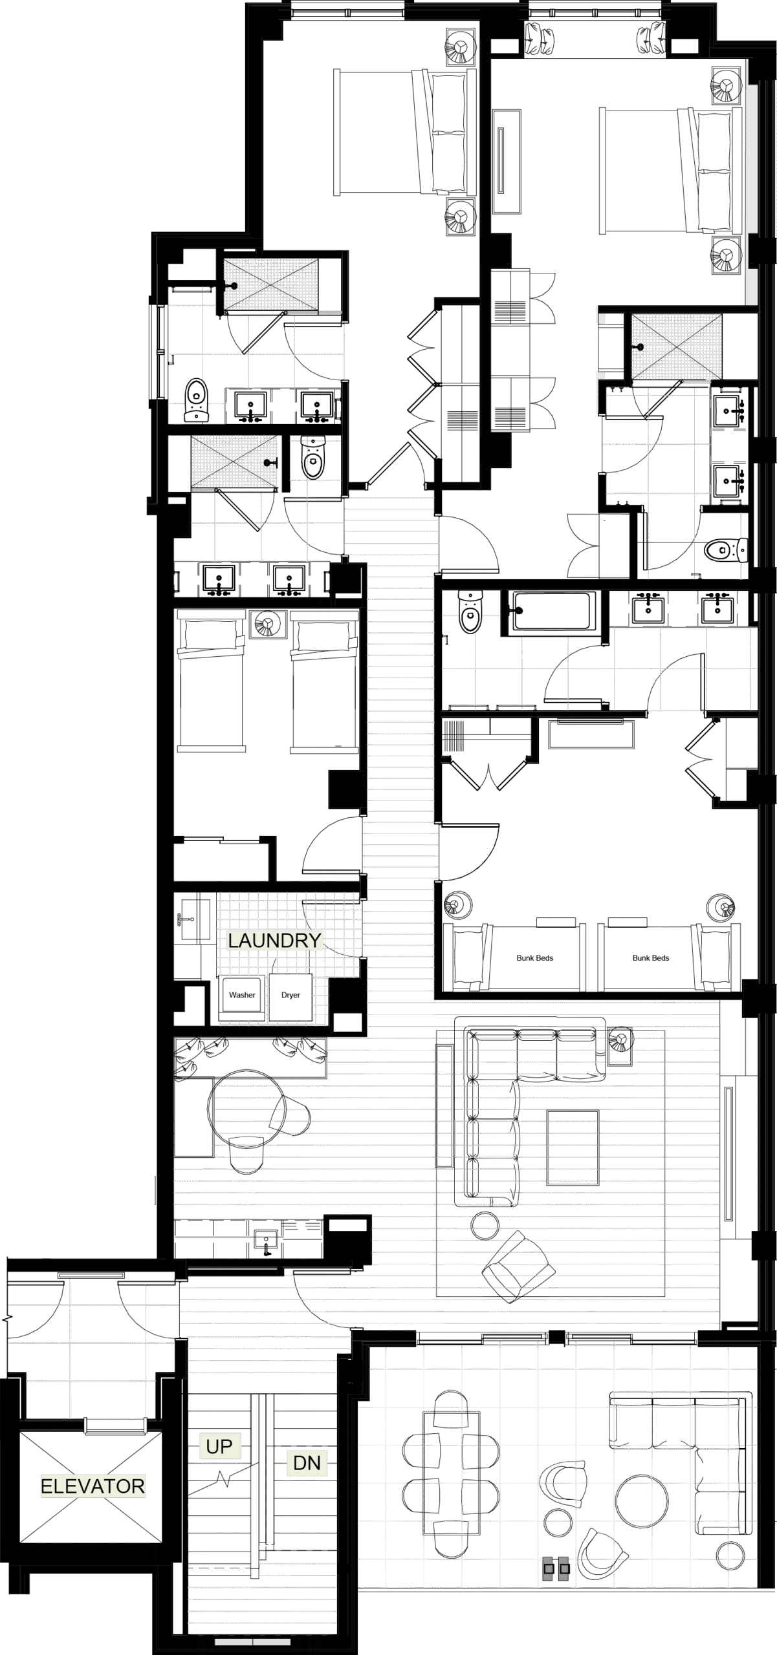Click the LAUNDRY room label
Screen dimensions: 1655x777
click(x=274, y=940)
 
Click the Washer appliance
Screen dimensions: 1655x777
click(x=242, y=996)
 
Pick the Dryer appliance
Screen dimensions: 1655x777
click(x=290, y=996)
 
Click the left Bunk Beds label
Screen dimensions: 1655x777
click(x=535, y=957)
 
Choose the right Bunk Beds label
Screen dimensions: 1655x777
click(x=650, y=957)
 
